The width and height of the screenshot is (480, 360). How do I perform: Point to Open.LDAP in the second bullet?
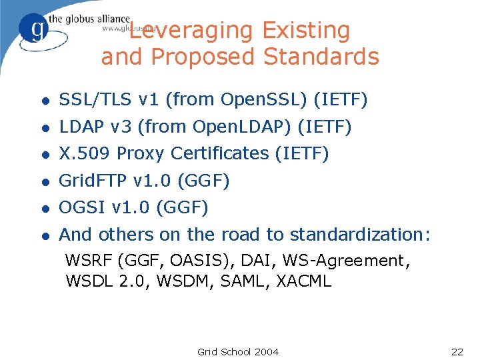[256, 127]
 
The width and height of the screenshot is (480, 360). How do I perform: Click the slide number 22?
[457, 352]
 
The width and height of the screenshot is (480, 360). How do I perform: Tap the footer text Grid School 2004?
[238, 352]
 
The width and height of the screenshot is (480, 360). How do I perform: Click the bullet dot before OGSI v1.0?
[45, 209]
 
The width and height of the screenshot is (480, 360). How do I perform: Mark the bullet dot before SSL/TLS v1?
[45, 101]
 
